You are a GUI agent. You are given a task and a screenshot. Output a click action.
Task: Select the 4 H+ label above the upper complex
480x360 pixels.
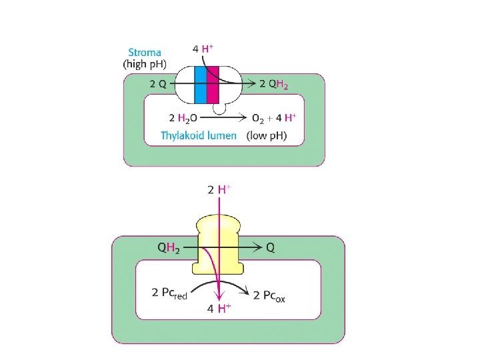203,49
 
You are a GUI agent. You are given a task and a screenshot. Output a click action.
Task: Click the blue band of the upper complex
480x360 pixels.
201,84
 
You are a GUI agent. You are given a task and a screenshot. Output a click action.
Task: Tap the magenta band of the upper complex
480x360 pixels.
213,84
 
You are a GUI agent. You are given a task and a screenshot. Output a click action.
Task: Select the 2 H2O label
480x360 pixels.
183,118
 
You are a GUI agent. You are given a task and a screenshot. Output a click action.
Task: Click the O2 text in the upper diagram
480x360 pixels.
257,118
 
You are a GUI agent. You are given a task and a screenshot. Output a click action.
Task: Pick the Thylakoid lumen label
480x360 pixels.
199,135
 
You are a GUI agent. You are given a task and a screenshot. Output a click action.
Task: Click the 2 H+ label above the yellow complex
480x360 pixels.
219,189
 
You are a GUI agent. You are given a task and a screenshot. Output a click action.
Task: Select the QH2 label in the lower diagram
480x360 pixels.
168,247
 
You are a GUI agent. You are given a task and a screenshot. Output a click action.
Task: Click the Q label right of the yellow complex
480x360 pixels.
270,247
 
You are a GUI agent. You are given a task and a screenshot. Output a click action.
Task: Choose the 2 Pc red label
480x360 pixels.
170,294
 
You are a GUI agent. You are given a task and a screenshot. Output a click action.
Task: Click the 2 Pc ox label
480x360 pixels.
269,295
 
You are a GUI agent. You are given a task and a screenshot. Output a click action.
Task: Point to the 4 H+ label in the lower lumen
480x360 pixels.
219,308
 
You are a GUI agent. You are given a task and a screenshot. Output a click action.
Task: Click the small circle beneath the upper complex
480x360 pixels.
219,107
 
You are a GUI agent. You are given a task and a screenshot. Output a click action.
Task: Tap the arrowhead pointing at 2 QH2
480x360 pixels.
252,84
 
